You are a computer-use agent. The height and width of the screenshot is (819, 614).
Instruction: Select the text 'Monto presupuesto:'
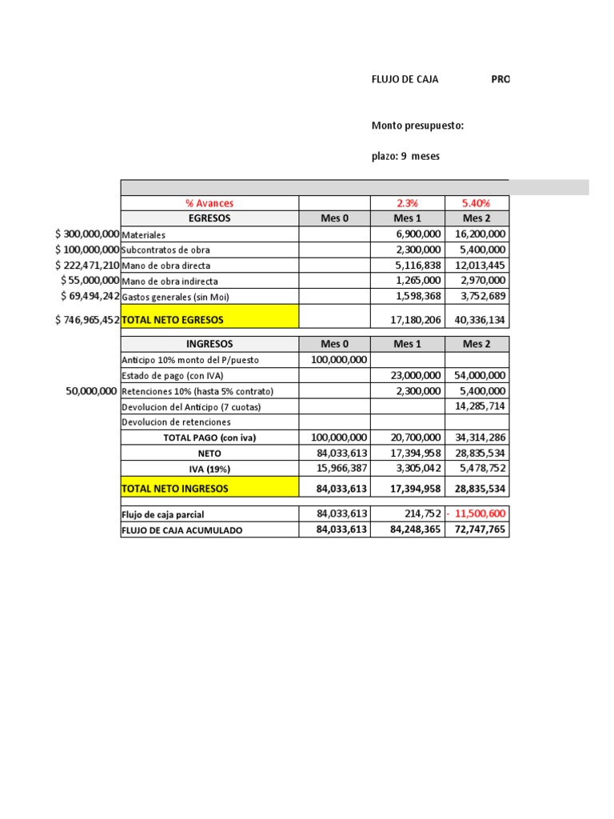click(417, 126)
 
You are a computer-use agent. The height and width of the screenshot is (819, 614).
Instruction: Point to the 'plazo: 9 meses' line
click(405, 156)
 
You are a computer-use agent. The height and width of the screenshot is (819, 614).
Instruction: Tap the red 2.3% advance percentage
click(406, 203)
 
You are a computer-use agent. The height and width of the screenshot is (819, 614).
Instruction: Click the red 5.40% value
click(476, 203)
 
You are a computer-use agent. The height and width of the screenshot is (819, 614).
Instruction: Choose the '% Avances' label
click(209, 203)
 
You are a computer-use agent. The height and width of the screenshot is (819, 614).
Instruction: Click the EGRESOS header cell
click(209, 218)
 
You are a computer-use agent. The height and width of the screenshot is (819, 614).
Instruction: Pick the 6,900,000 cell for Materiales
click(418, 234)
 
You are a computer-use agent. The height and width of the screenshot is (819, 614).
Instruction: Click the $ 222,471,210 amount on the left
click(87, 265)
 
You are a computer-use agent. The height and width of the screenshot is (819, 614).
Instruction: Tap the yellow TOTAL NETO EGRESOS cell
click(209, 319)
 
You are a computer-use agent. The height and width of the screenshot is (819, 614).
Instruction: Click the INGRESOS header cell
click(209, 344)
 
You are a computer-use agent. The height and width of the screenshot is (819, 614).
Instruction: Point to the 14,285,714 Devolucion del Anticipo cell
click(478, 406)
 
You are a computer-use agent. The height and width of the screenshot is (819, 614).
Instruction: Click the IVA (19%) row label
click(209, 469)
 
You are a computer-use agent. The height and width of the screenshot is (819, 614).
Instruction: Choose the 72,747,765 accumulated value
click(478, 529)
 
